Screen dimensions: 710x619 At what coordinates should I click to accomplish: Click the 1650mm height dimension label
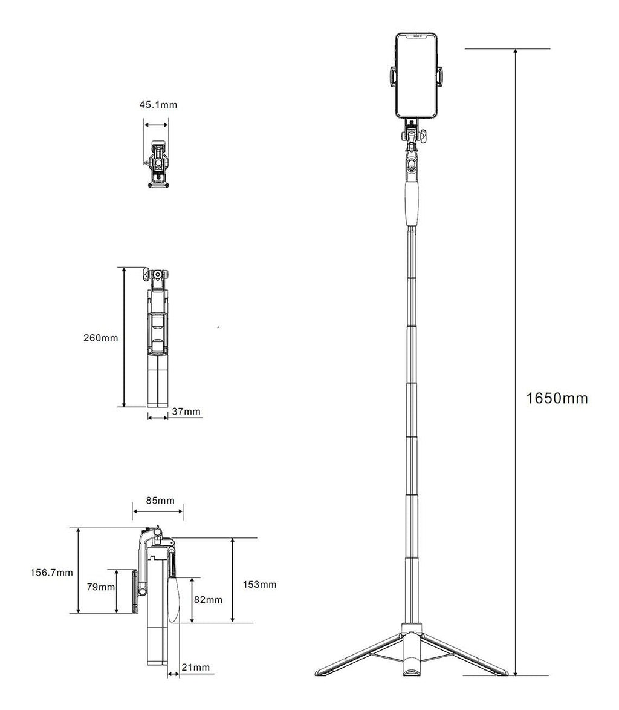[x=557, y=398]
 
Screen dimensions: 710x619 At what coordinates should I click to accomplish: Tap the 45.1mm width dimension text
[x=158, y=105]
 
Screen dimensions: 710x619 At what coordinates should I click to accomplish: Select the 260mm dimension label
[x=100, y=337]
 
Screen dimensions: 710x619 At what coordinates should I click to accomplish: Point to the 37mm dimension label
[x=186, y=412]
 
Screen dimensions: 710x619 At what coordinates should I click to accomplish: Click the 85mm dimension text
[x=160, y=501]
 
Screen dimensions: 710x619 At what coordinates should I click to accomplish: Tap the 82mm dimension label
[x=209, y=599]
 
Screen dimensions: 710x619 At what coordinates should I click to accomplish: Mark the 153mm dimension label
[x=260, y=584]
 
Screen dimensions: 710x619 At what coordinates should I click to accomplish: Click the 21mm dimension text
[x=195, y=667]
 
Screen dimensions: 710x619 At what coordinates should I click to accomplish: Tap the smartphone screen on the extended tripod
[x=415, y=76]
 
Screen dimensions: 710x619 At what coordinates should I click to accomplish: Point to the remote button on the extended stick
[x=412, y=165]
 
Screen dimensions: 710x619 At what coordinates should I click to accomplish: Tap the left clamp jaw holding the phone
[x=391, y=76]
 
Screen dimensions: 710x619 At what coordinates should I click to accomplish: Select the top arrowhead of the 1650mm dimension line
[x=515, y=52]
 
